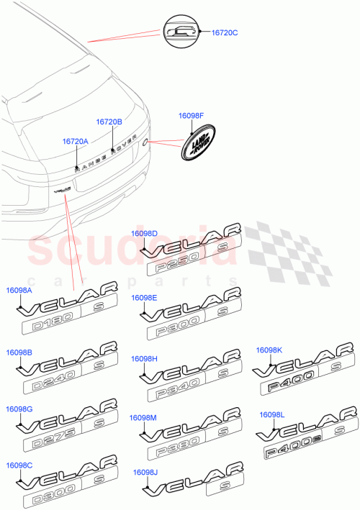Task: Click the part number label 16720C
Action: pyautogui.click(x=225, y=33)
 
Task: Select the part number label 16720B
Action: pyautogui.click(x=110, y=122)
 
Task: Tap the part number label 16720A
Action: pyautogui.click(x=75, y=142)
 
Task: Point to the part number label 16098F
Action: pyautogui.click(x=192, y=115)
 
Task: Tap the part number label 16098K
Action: pyautogui.click(x=269, y=350)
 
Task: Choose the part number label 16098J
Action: pyautogui.click(x=146, y=473)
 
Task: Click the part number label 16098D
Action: pyautogui.click(x=144, y=233)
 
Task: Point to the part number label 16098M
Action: pyautogui.click(x=143, y=418)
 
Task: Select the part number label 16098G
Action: pyautogui.click(x=19, y=409)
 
